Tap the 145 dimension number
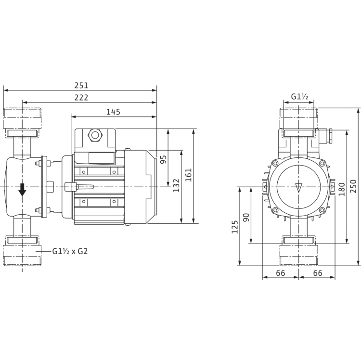(114, 111)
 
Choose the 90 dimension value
(246, 217)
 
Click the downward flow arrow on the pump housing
(22, 190)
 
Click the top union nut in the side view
(24, 118)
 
